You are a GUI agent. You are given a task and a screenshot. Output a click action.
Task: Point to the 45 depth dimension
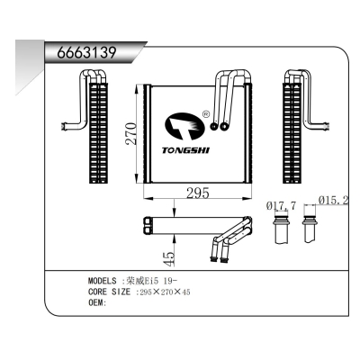point(167,257)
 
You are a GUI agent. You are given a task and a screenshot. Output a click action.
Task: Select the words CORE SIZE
point(109,292)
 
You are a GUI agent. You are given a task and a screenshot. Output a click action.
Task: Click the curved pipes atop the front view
point(232,94)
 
